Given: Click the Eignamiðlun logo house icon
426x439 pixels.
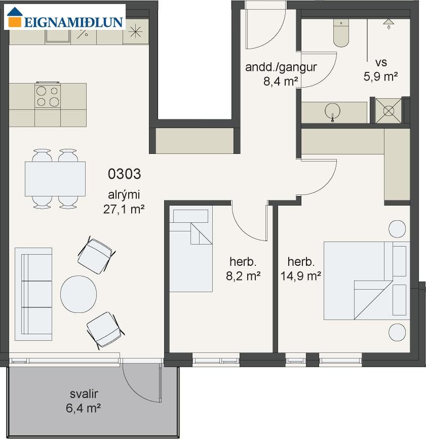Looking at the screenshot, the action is (15, 17).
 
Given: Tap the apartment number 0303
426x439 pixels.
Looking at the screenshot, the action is (124, 174).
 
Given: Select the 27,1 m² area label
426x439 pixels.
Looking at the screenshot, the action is (124, 209).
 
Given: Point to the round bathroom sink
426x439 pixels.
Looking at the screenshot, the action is (332, 111).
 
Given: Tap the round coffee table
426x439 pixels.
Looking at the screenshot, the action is (79, 294).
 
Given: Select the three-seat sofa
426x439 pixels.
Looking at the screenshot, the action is (33, 294).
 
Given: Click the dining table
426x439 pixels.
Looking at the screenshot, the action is (55, 179).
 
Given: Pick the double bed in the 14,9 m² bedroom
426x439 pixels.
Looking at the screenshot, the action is (367, 281).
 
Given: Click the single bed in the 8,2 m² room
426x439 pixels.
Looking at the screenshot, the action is (191, 249).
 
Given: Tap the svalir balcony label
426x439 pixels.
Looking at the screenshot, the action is (84, 394).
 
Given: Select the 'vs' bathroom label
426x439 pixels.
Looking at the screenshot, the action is (381, 62).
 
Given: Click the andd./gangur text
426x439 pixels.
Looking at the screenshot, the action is (281, 67).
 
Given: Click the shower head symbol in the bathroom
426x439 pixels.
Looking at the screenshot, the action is (389, 23).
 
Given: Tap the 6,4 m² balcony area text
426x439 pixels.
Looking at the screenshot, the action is (83, 408).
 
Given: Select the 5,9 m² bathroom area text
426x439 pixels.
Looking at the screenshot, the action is (380, 76).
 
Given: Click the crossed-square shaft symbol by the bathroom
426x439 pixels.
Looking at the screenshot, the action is (389, 110).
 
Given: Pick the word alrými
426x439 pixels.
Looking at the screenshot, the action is (124, 195).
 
